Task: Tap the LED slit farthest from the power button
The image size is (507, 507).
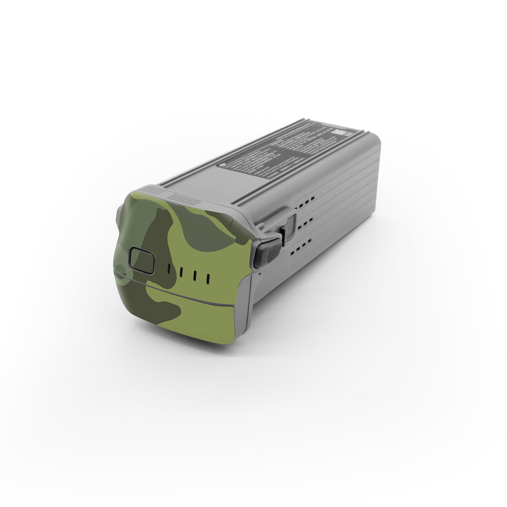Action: tap(208, 279)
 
